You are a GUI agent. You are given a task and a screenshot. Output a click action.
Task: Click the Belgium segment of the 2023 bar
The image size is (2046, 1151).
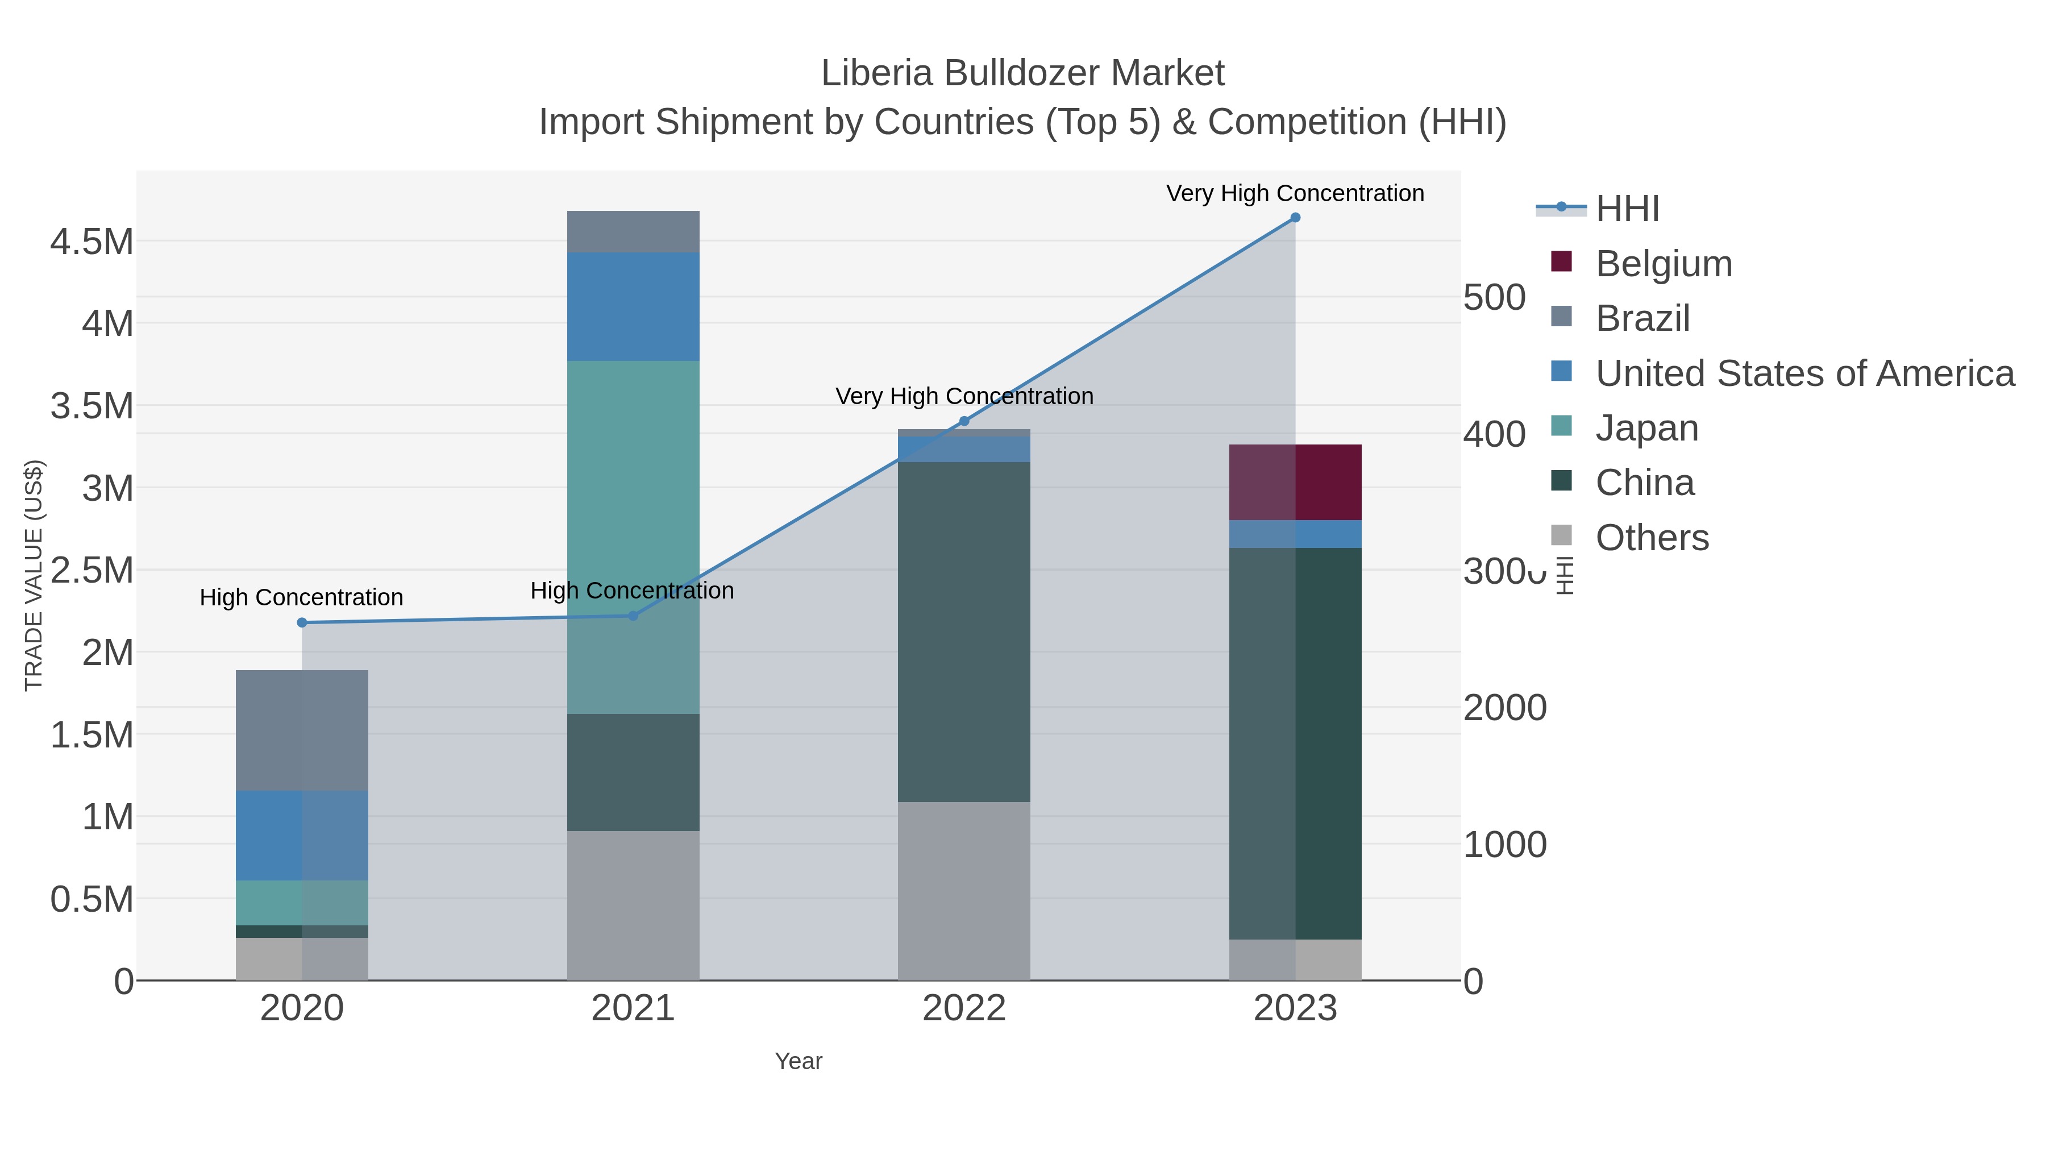point(1295,482)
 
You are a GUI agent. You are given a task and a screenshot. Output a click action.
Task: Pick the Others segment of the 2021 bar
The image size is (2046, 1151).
point(633,905)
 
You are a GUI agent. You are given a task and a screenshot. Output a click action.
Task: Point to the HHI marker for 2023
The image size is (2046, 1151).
point(1295,218)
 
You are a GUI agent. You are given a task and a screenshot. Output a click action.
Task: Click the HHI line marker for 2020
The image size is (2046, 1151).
point(302,623)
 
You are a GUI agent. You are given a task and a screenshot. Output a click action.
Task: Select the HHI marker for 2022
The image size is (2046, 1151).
point(964,421)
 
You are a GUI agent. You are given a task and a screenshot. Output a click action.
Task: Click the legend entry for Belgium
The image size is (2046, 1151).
point(1662,264)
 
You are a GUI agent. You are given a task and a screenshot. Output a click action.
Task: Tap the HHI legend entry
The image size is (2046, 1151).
point(1627,209)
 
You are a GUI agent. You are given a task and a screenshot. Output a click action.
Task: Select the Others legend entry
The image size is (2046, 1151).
point(1651,538)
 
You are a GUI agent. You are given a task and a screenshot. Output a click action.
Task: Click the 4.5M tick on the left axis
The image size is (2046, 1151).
point(92,242)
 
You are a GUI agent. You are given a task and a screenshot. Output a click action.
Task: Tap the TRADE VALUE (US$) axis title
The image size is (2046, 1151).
point(34,575)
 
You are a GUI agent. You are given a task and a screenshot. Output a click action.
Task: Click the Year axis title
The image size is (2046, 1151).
point(799,1061)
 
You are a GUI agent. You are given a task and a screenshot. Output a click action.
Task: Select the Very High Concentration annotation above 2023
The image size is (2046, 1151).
point(1295,193)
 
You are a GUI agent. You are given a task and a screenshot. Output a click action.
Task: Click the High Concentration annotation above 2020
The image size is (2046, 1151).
point(302,597)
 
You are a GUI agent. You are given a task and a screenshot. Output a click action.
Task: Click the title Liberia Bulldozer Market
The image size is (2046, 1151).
point(1022,73)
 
